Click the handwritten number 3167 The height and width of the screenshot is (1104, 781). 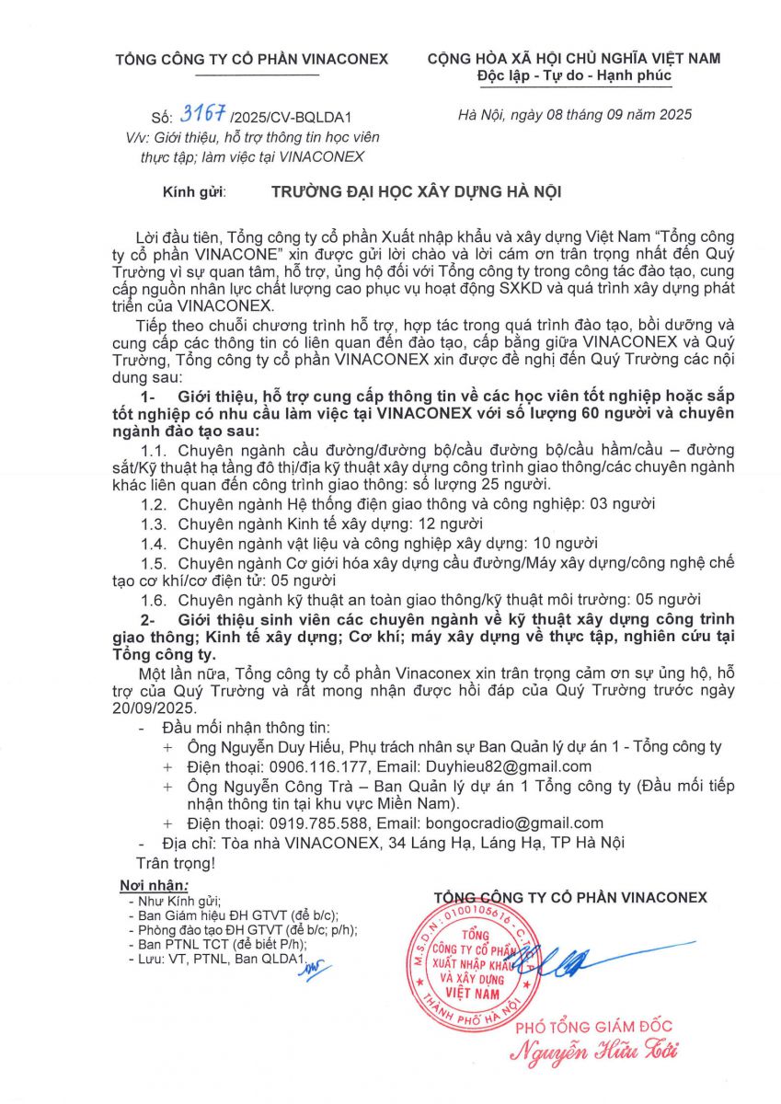(x=204, y=114)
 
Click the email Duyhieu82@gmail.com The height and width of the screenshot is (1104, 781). (x=507, y=766)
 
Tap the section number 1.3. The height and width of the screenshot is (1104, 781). (x=153, y=523)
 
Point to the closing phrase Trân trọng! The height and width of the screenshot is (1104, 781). (x=175, y=863)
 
